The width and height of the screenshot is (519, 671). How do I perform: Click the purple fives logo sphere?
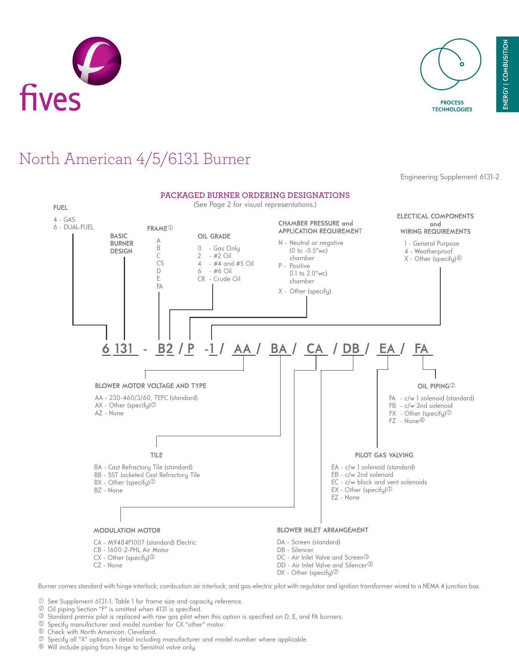point(97,61)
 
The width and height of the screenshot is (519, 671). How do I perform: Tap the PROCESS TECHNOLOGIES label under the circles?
point(452,106)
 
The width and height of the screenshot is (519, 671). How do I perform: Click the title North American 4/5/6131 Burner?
point(134,159)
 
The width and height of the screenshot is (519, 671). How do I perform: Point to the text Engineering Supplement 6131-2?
point(449,177)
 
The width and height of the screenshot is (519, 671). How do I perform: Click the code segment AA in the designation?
point(243,349)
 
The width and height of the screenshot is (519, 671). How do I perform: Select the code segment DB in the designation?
point(351,349)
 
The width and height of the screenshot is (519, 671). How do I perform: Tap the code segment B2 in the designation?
point(165,349)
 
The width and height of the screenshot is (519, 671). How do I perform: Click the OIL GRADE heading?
point(214,236)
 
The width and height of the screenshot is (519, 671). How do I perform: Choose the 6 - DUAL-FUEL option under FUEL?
point(74,227)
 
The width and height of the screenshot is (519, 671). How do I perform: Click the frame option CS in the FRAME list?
point(160,263)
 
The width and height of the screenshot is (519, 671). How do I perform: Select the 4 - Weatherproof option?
point(428,251)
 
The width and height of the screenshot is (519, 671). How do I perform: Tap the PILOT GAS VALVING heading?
point(384,455)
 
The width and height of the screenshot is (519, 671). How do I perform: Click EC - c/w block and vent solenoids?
point(379,482)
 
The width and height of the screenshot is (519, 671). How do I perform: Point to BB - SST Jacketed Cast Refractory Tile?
point(147,475)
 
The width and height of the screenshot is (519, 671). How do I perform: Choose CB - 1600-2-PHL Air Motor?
point(131,550)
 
